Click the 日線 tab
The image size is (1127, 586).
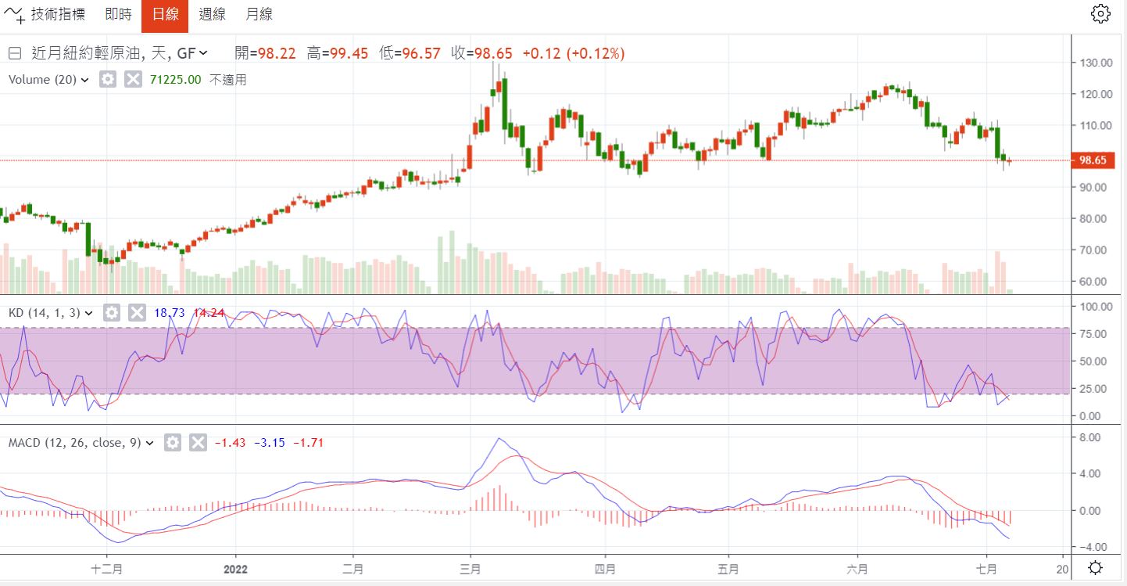tap(165, 15)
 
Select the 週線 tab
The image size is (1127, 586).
tap(212, 15)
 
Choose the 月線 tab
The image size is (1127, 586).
tap(259, 15)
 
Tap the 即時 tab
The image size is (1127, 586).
tap(118, 15)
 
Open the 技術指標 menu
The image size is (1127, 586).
tap(48, 15)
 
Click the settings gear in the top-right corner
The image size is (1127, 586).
tap(1100, 13)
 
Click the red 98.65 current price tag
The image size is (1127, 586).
tap(1091, 160)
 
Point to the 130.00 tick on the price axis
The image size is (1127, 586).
tap(1094, 63)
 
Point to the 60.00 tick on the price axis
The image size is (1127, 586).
tap(1094, 282)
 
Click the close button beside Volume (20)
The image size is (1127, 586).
tap(133, 79)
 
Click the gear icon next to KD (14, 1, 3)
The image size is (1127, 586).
tap(112, 313)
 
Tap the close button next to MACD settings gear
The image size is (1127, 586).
tap(199, 443)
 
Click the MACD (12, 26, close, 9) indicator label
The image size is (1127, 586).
tap(74, 443)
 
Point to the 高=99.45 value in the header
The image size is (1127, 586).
tap(335, 53)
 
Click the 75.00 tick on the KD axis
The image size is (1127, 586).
tap(1094, 334)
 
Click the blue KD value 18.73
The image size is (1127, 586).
tap(170, 313)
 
